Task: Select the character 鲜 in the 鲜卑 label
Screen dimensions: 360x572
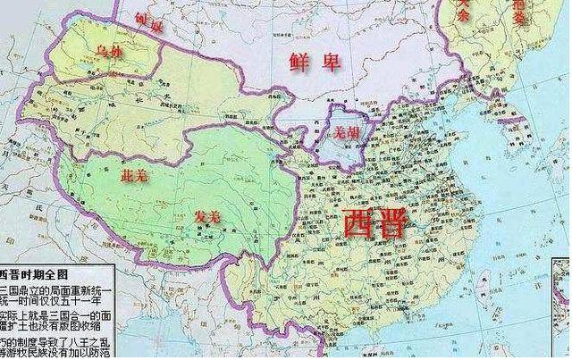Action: point(299,62)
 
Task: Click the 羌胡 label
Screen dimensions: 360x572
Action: point(345,131)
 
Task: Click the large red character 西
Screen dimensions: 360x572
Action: point(360,223)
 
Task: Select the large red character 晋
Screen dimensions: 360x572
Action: point(393,223)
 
